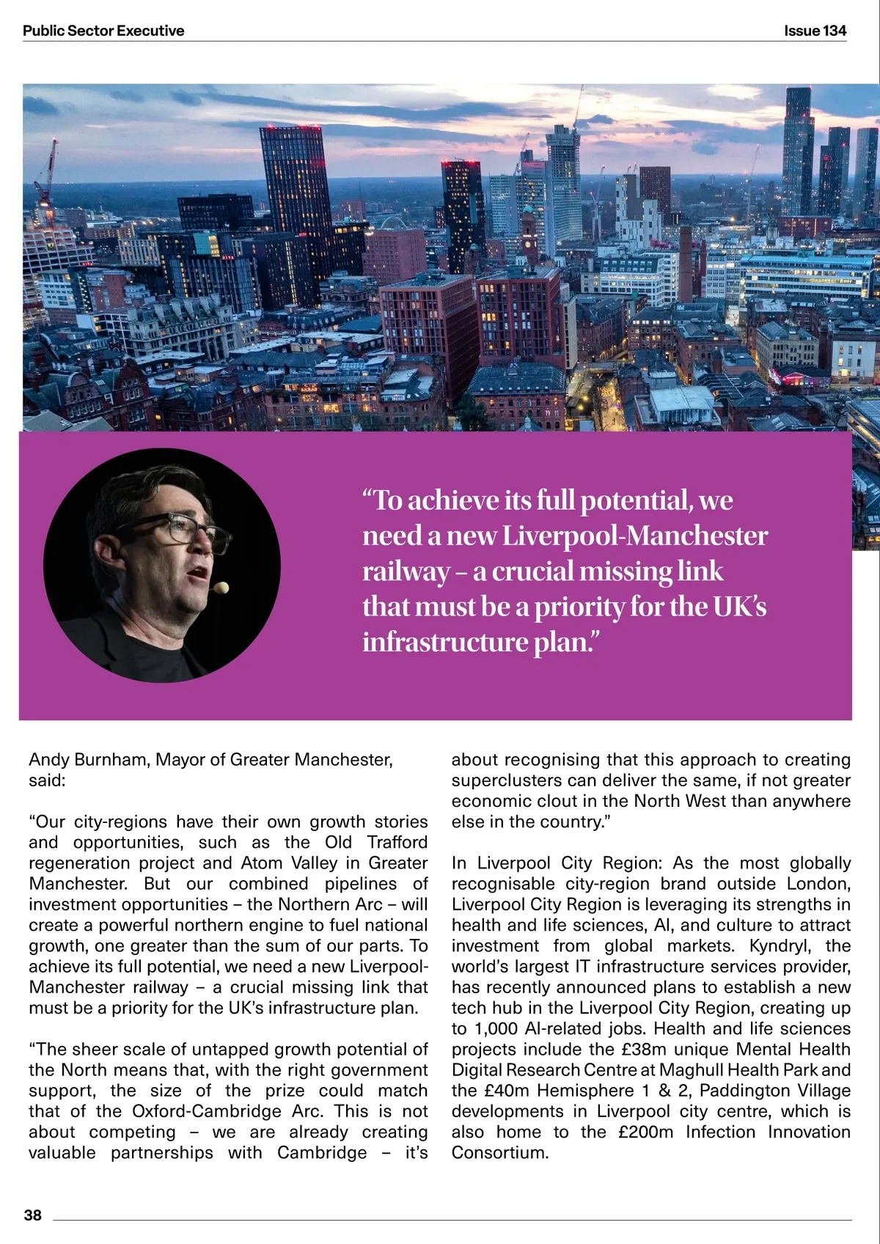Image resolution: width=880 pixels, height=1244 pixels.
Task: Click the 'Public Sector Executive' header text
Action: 103,31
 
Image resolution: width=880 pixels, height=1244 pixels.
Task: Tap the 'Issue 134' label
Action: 815,31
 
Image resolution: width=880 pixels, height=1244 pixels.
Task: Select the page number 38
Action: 33,1215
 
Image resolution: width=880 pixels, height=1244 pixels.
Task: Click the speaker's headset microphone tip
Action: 221,587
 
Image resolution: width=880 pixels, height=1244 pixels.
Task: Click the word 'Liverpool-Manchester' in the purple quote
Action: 634,535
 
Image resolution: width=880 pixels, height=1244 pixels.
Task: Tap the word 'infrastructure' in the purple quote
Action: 445,642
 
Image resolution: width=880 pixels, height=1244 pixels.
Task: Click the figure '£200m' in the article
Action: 645,1132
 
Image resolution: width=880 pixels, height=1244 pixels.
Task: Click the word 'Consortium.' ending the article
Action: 500,1152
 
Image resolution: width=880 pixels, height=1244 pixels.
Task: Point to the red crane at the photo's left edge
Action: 46,172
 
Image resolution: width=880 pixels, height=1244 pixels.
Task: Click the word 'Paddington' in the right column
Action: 744,1091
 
